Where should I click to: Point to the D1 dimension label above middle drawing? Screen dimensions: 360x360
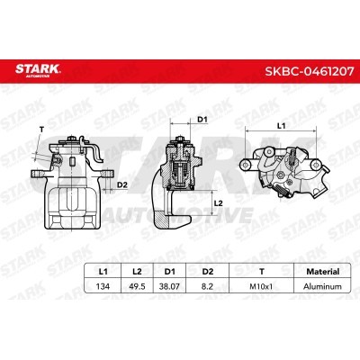pos(202,118)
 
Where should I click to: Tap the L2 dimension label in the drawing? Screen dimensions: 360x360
pos(218,202)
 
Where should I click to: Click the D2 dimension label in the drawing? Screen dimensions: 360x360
pos(122,185)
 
